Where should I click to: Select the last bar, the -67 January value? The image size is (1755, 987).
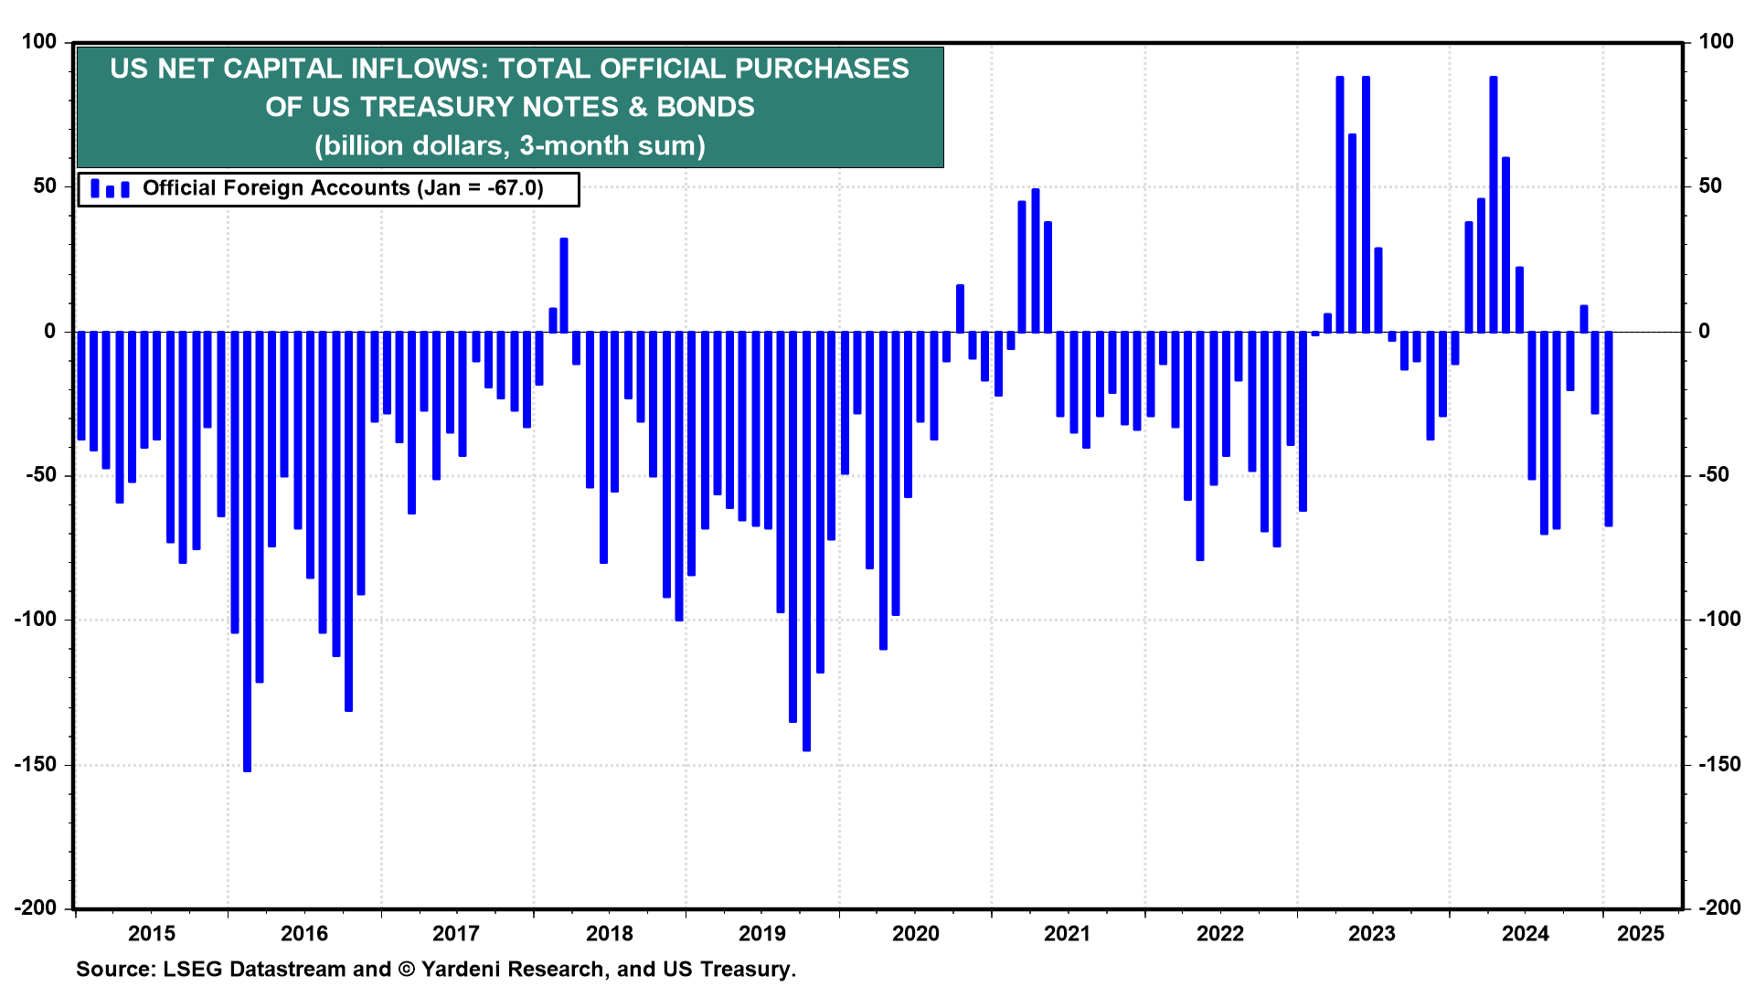click(x=1608, y=429)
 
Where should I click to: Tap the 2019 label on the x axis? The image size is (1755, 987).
click(x=761, y=933)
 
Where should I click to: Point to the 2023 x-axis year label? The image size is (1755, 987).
click(x=1372, y=933)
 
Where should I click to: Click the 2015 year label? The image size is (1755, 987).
click(x=152, y=933)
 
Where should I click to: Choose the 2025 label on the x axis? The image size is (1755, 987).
click(x=1641, y=933)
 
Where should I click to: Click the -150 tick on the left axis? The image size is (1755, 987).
click(x=35, y=764)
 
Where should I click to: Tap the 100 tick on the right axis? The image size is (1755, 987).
click(x=1716, y=41)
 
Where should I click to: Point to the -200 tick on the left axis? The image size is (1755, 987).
click(x=35, y=907)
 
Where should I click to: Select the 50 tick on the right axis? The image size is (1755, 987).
click(x=1709, y=186)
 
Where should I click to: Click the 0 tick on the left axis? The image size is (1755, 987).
click(x=50, y=331)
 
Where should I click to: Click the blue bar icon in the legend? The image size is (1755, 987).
click(x=110, y=189)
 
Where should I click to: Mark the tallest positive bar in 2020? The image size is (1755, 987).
click(x=1036, y=260)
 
